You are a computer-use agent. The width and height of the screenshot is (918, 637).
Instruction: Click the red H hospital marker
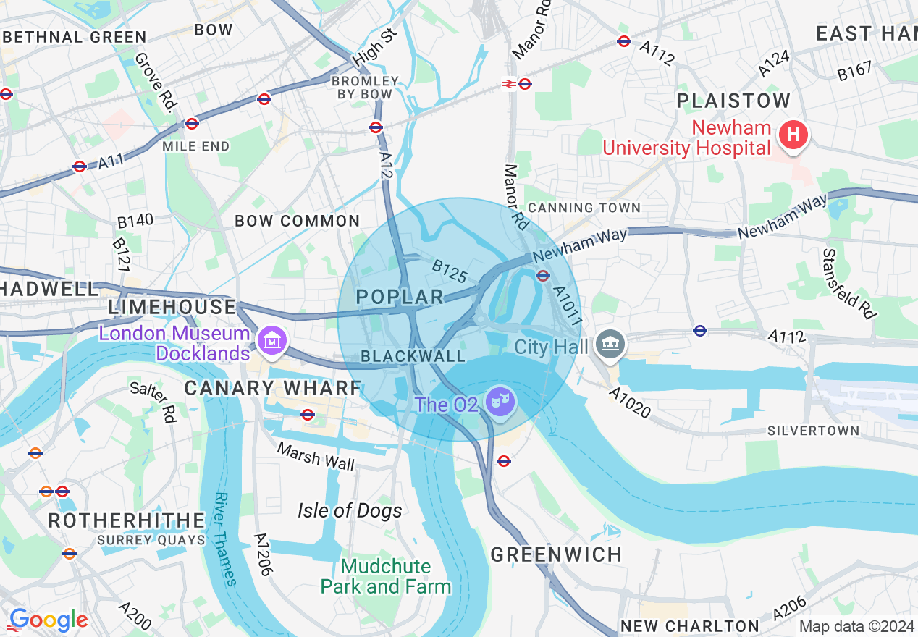coord(793,135)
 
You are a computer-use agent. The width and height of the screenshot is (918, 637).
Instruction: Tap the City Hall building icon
coord(610,344)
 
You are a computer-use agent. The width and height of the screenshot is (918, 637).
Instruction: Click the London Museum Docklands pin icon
coord(272,340)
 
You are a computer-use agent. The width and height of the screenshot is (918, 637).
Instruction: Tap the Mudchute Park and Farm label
coord(386,576)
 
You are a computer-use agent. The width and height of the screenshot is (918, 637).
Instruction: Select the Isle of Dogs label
coord(350,511)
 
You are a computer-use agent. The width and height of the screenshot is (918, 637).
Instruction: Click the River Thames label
coord(226,539)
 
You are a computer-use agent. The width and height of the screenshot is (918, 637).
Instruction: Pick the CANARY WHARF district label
coord(272,388)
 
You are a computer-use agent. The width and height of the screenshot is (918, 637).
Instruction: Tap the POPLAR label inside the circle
coord(400,297)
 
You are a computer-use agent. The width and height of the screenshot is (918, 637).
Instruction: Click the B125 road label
coord(449,271)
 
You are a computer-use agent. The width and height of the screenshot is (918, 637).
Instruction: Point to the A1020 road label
coord(629,402)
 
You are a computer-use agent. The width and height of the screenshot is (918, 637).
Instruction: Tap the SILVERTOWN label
coord(814,431)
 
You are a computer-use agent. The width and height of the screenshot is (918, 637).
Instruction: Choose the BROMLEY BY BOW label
coord(365,88)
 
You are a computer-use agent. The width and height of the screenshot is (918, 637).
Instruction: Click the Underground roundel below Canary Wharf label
coord(308,415)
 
